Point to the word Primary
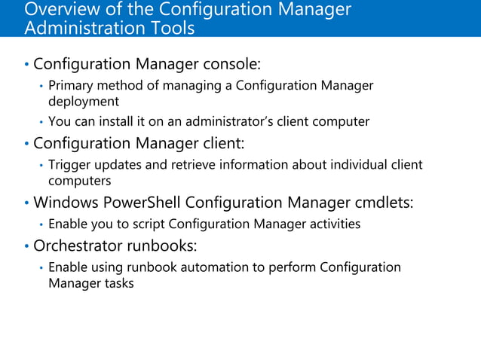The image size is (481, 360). (x=72, y=85)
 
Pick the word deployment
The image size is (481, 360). (x=84, y=102)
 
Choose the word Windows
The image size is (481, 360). (x=65, y=203)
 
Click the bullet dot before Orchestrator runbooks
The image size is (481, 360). (x=27, y=247)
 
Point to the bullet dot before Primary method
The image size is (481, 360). (x=41, y=86)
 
